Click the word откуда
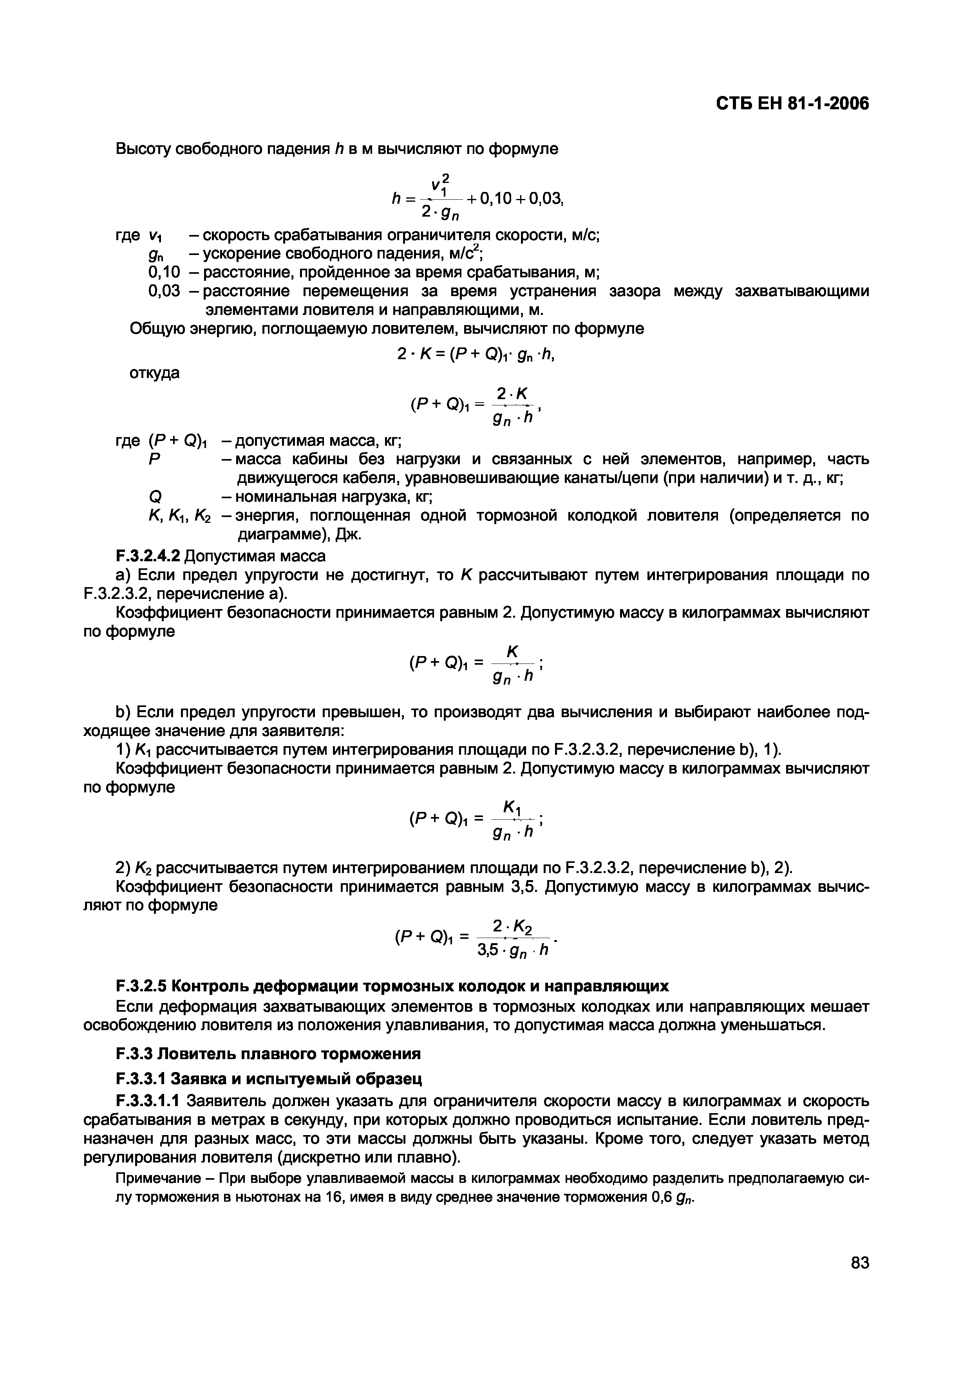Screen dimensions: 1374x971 pyautogui.click(x=154, y=373)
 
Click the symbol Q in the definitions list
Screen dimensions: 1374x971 pyautogui.click(x=151, y=497)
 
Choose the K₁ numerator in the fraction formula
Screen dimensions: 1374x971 pyautogui.click(x=512, y=808)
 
